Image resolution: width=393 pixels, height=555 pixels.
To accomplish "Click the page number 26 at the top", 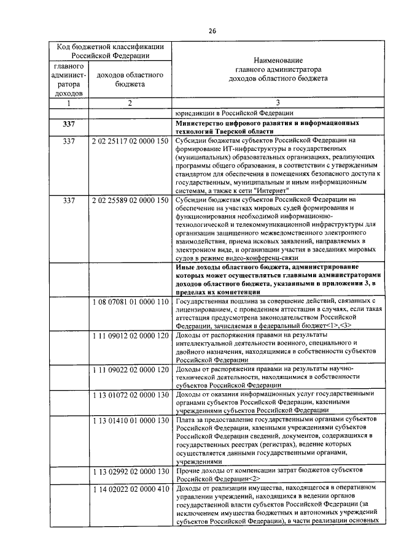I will click(212, 31).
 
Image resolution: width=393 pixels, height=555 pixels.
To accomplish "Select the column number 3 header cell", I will click(278, 103).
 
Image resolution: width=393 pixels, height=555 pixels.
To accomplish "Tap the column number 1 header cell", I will click(68, 103).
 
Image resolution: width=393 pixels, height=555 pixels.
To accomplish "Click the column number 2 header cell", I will click(130, 103).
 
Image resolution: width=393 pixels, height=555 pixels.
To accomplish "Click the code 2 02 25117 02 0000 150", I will click(130, 142).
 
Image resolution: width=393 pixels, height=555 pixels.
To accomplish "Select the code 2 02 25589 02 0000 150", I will click(130, 200).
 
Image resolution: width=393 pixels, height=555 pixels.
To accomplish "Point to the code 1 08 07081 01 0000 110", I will click(130, 302).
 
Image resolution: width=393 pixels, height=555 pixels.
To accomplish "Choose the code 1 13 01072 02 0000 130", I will click(130, 394).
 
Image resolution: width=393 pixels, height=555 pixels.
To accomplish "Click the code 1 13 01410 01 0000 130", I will click(130, 420).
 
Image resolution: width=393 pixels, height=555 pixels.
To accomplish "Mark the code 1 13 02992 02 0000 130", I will click(130, 471).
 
